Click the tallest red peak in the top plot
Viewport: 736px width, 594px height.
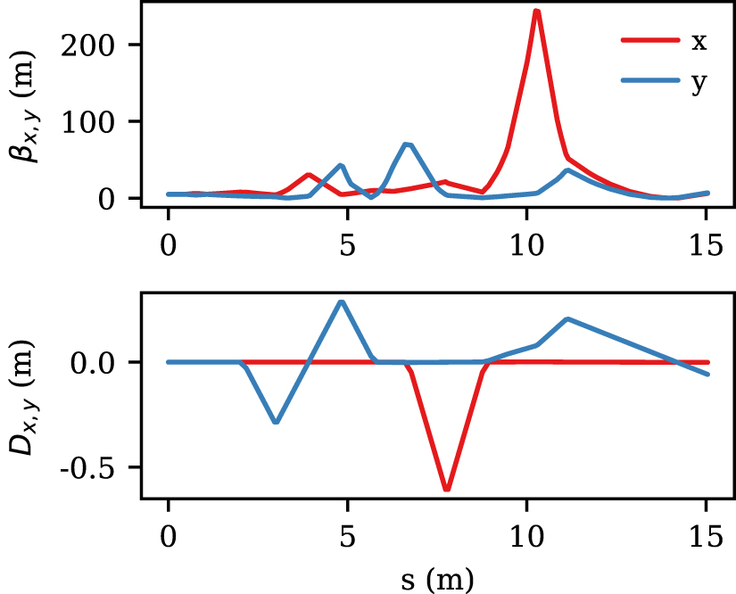point(536,12)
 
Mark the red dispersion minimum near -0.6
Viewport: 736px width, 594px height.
point(447,489)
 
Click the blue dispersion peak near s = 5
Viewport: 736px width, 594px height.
point(341,301)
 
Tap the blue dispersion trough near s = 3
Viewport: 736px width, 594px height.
point(276,422)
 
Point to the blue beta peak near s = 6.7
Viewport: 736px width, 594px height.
point(408,144)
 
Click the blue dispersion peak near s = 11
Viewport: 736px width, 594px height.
point(567,318)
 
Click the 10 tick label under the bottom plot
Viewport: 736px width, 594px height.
point(527,538)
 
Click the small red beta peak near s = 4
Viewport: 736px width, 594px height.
point(309,175)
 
